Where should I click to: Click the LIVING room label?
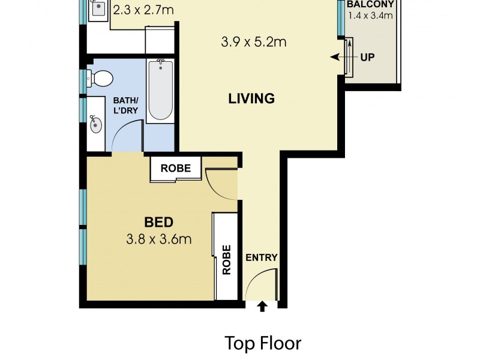coord(251,98)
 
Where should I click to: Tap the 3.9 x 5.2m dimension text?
coord(253,42)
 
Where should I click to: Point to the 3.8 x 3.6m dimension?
coord(158,239)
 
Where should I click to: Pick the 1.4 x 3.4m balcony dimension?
coord(370,15)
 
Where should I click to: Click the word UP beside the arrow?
coord(367,58)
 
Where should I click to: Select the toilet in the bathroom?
coord(100,78)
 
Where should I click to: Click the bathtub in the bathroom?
coord(160,91)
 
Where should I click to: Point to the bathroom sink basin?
coord(95,125)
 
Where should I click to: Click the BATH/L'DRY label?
coord(126,105)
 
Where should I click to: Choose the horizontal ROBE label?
coord(176,169)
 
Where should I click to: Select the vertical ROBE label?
coord(227,259)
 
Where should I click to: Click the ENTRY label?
coord(262,258)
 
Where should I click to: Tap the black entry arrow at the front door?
coord(262,307)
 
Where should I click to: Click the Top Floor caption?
coord(263,343)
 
